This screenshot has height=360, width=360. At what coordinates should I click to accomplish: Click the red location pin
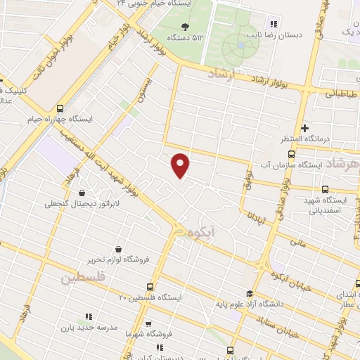click(181, 165)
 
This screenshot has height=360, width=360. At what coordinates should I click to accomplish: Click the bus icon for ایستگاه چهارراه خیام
click(60, 108)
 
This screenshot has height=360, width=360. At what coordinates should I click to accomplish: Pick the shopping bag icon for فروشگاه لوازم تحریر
click(117, 248)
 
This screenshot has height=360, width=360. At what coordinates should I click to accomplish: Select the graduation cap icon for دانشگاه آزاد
click(250, 293)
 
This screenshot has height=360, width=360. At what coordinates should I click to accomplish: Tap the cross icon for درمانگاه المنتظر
click(304, 128)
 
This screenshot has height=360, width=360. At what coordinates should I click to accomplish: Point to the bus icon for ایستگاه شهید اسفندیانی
click(325, 188)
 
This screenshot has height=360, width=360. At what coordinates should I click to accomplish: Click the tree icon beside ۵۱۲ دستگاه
click(185, 27)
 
